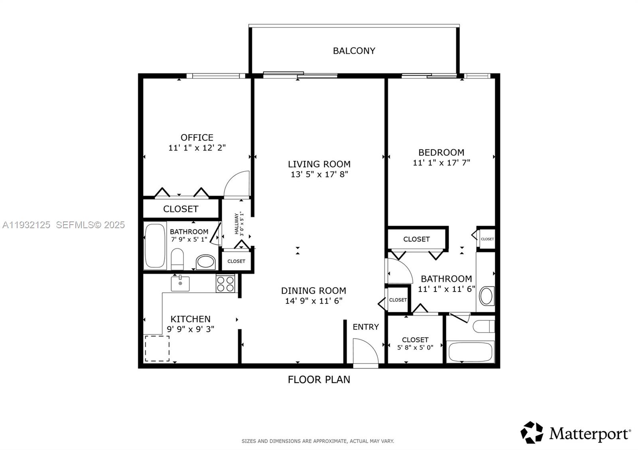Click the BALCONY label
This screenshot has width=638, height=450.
click(x=354, y=51)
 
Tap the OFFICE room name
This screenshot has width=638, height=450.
click(x=197, y=138)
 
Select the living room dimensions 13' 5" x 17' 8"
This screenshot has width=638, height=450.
click(x=319, y=174)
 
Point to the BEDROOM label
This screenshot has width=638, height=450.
click(x=441, y=153)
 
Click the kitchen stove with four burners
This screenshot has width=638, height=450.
click(x=225, y=284)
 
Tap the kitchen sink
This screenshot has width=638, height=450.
click(x=180, y=283)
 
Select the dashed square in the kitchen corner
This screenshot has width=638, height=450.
click(x=157, y=348)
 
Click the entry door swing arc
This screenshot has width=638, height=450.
click(x=366, y=350)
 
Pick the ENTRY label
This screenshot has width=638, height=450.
click(x=366, y=327)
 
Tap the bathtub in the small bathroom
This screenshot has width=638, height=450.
click(x=155, y=246)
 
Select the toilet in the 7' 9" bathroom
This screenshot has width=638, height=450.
click(x=177, y=259)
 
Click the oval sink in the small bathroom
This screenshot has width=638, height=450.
click(x=206, y=262)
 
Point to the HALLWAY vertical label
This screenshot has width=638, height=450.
click(x=238, y=224)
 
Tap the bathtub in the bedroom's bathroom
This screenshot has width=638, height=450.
click(x=471, y=352)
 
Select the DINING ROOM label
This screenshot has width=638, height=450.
click(x=313, y=291)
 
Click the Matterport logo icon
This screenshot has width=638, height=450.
click(x=532, y=432)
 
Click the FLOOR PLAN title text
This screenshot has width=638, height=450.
click(x=319, y=380)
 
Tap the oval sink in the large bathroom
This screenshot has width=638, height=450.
click(x=486, y=296)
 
